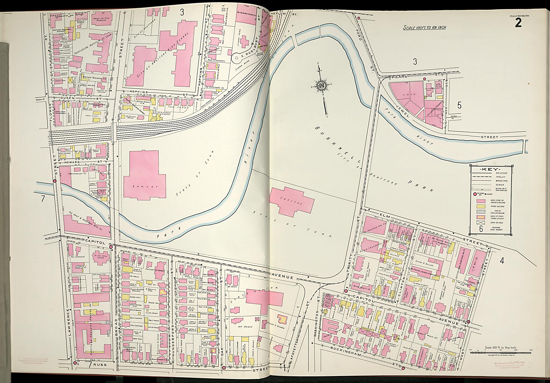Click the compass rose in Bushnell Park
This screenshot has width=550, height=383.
pyautogui.click(x=321, y=86)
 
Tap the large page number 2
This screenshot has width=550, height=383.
pyautogui.click(x=518, y=23)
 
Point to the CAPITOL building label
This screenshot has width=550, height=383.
pyautogui.click(x=294, y=199)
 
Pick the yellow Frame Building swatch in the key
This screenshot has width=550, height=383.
pyautogui.click(x=481, y=206)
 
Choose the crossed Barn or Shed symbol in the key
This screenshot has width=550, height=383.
pyautogui.click(x=481, y=222)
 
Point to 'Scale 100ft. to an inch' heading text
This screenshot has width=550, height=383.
pyautogui.click(x=424, y=27)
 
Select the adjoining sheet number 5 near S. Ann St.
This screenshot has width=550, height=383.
pyautogui.click(x=459, y=106)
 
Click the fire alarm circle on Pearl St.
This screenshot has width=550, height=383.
pyautogui.click(x=425, y=79)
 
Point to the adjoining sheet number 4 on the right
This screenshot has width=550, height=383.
pyautogui.click(x=502, y=260)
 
